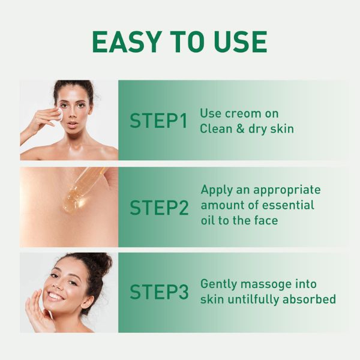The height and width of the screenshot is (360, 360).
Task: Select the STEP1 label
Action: pos(158,121)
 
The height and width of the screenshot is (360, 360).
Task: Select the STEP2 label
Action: pos(159,208)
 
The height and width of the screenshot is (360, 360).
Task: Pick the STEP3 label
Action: pos(159,292)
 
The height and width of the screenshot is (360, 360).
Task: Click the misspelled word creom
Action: pos(243,113)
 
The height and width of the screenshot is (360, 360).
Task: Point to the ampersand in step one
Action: pos(241,128)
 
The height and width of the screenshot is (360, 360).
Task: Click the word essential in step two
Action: pos(288,205)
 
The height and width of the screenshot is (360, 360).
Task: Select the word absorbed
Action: pos(309,299)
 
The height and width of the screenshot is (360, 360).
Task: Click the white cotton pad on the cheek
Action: pos(60,115)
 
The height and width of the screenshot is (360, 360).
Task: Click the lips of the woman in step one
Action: pos(72,124)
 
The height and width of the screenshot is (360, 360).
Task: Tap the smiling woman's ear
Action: pos(88,301)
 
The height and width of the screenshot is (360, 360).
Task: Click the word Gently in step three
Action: pos(218,285)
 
